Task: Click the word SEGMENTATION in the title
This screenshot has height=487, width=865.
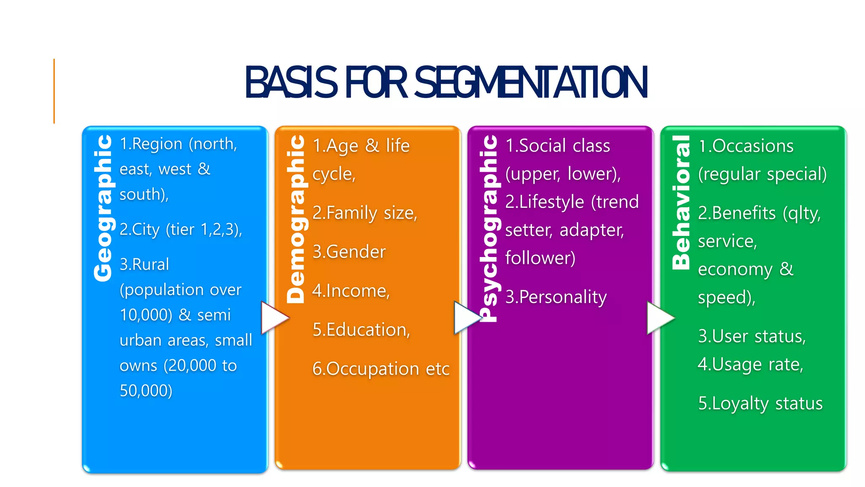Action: point(531,82)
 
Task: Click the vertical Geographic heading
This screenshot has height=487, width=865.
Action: point(103,208)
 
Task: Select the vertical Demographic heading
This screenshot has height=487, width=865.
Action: point(296,219)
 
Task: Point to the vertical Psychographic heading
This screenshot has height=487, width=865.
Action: point(489,228)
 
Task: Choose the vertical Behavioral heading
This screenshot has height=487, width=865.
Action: point(681,202)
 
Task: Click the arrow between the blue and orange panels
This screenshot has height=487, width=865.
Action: point(274,317)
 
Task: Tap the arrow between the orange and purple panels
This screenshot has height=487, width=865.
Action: point(466,317)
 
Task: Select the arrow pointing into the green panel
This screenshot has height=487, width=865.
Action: point(659,317)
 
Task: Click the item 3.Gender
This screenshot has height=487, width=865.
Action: point(349,252)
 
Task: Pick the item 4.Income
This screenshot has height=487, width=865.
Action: point(351,291)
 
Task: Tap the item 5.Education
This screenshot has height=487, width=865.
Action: point(361,330)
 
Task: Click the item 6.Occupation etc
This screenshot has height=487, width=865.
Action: point(380,369)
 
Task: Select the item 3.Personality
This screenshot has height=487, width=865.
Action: point(556,297)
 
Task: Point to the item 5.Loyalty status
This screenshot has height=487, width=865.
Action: point(760,404)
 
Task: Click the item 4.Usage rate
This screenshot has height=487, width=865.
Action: point(750,364)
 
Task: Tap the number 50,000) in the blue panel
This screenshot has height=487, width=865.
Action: point(146,391)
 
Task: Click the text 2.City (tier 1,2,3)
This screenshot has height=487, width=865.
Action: point(181,230)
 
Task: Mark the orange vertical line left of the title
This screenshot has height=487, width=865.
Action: point(54,91)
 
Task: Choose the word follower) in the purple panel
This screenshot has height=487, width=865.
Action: point(540,258)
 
